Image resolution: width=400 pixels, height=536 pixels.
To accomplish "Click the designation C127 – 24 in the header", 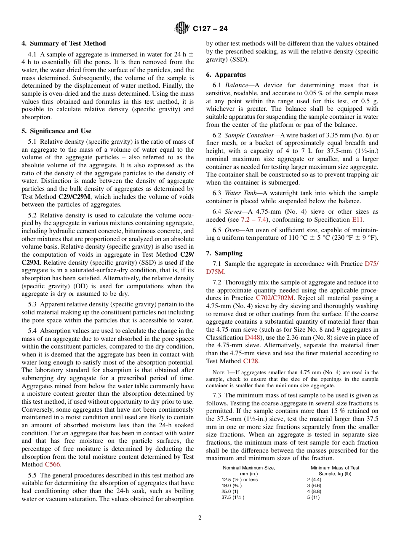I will point(210,29).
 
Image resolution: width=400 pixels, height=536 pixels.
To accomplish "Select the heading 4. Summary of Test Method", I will point(64,43).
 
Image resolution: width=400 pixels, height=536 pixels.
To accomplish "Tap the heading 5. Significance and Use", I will point(56,131).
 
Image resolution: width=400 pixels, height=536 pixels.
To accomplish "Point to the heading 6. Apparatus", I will point(226,75).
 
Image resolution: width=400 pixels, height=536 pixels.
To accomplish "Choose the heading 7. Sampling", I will point(224,253).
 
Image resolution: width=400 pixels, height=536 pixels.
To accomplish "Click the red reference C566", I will point(53,464).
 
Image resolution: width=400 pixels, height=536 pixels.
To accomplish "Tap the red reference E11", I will point(357,220).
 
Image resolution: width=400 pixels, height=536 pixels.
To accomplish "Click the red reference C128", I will point(251,361).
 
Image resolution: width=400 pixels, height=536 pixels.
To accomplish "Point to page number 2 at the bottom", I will point(200,518).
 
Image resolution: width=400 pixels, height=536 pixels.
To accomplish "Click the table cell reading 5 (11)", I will point(313,497).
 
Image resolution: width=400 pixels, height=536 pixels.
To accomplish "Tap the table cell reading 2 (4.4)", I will point(314,480).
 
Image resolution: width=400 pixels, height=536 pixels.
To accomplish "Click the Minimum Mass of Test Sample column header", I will point(335,471).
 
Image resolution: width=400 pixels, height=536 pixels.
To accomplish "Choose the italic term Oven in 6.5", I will point(231,230).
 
